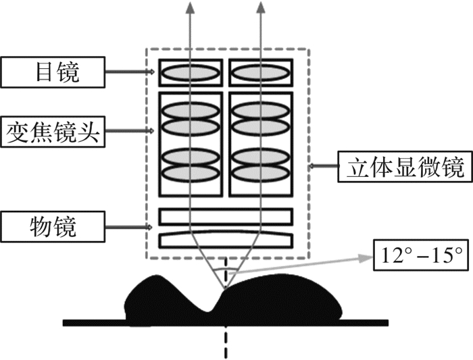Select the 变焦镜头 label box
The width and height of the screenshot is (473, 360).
pos(52,130)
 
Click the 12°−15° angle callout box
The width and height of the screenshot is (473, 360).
pos(421,255)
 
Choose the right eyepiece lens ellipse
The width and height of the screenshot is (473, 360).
pos(261,72)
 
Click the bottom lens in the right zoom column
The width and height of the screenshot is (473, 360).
pos(261,172)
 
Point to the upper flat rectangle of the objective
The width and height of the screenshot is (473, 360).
pos(226,216)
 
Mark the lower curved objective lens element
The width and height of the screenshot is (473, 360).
pos(226,239)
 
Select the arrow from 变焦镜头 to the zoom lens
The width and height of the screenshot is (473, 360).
pos(132,130)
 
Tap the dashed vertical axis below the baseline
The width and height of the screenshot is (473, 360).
pos(224,341)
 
